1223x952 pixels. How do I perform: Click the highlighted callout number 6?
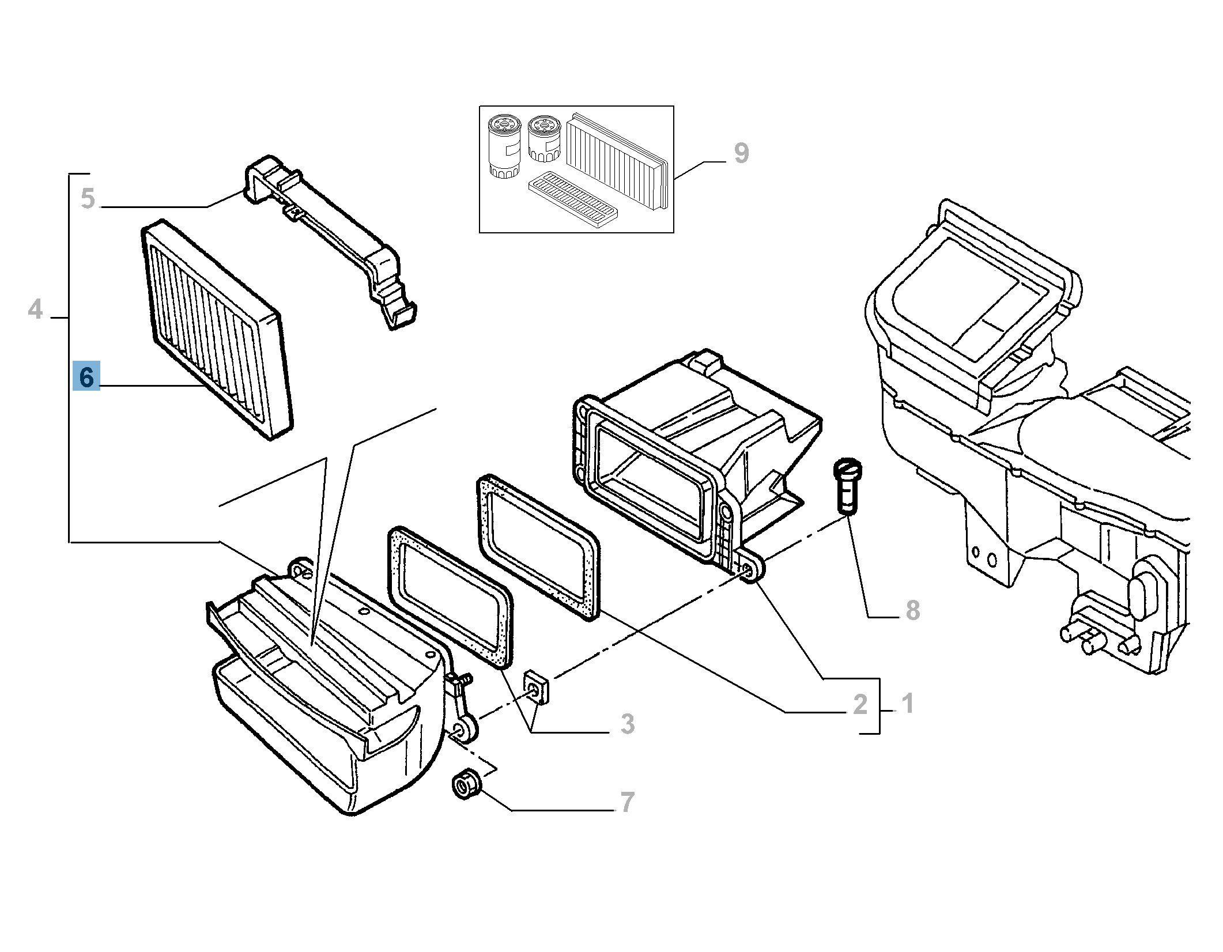(x=86, y=377)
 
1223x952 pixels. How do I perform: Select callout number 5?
(x=88, y=198)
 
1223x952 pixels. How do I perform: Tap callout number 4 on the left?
(x=36, y=309)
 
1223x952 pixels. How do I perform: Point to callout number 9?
(x=741, y=153)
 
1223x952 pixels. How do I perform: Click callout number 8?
(x=912, y=610)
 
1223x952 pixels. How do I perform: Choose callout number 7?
(x=626, y=802)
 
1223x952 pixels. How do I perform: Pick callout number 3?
(x=627, y=724)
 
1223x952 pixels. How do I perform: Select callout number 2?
(x=860, y=705)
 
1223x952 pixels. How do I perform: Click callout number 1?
(x=907, y=704)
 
